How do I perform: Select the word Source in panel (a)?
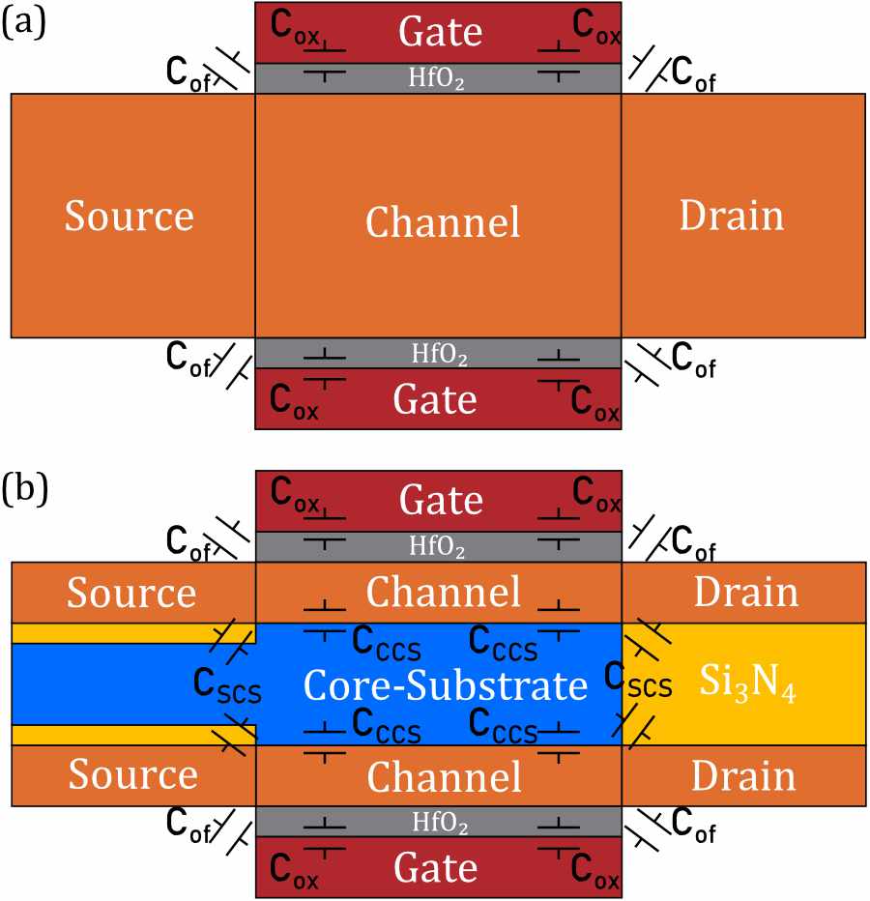[x=130, y=217]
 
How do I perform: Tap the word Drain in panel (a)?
[x=732, y=217]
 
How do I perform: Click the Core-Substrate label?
[x=446, y=685]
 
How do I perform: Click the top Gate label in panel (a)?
[x=440, y=32]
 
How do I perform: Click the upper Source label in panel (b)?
[x=130, y=592]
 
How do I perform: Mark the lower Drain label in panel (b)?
[x=742, y=777]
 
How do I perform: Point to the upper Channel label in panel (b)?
[x=443, y=592]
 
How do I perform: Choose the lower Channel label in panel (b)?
[x=443, y=777]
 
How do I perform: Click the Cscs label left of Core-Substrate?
[x=227, y=688]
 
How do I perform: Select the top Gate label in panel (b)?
[x=440, y=500]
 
